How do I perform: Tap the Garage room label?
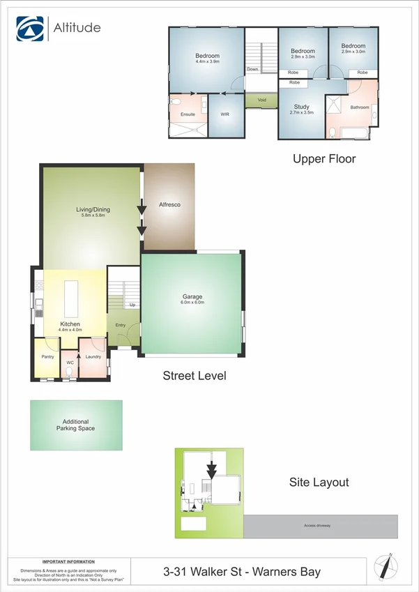coord(192,297)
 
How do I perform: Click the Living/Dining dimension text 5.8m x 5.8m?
coord(92,216)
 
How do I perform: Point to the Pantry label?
coord(47,356)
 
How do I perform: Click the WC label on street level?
coord(70,363)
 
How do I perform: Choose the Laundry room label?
coord(93,357)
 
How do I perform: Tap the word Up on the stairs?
coord(132,305)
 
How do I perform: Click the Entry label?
coord(121,325)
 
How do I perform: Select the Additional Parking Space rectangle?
coord(76,425)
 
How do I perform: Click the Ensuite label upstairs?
coord(188,114)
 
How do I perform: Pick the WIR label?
coord(224,114)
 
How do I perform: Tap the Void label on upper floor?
coord(262,100)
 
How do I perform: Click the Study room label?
coord(301,106)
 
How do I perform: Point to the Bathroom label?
coord(360,107)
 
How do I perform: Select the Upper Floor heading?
coord(324,159)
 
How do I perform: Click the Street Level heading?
coord(195,376)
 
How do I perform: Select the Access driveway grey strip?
coord(321,526)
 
